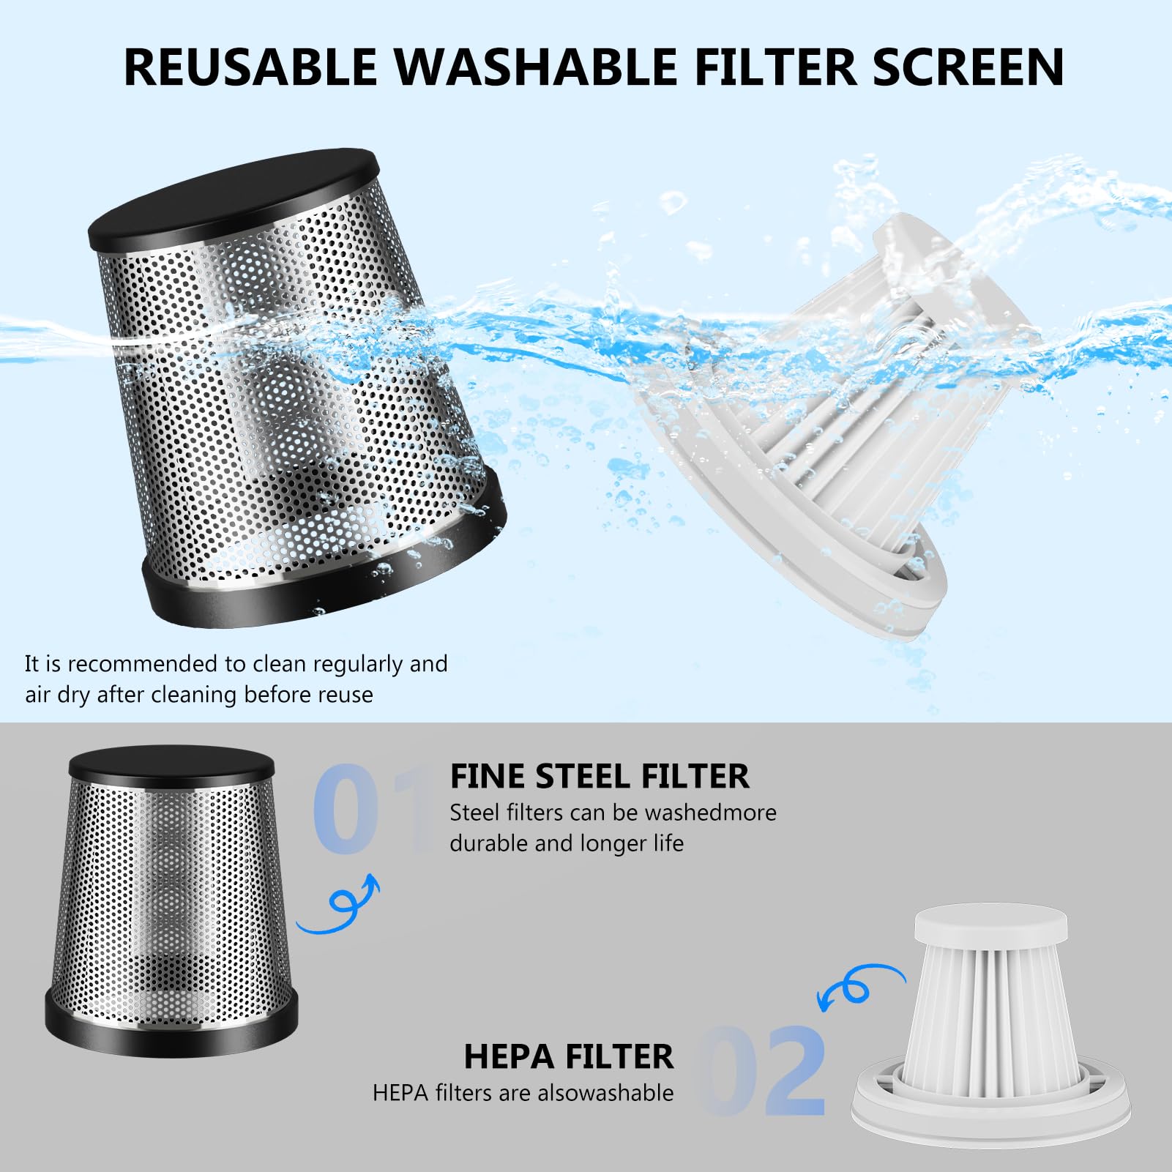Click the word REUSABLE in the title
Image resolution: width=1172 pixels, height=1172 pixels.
[x=250, y=67]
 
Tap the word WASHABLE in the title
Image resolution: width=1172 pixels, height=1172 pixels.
[x=536, y=67]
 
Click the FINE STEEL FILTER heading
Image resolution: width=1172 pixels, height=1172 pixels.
[x=600, y=777]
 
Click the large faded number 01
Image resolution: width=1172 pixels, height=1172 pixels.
[x=373, y=809]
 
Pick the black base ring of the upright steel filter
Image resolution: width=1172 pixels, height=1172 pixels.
[x=171, y=1029]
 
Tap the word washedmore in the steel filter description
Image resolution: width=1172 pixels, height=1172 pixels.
[x=711, y=813]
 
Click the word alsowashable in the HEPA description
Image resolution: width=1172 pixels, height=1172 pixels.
[x=606, y=1093]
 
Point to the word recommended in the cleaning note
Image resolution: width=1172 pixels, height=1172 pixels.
[x=142, y=665]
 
